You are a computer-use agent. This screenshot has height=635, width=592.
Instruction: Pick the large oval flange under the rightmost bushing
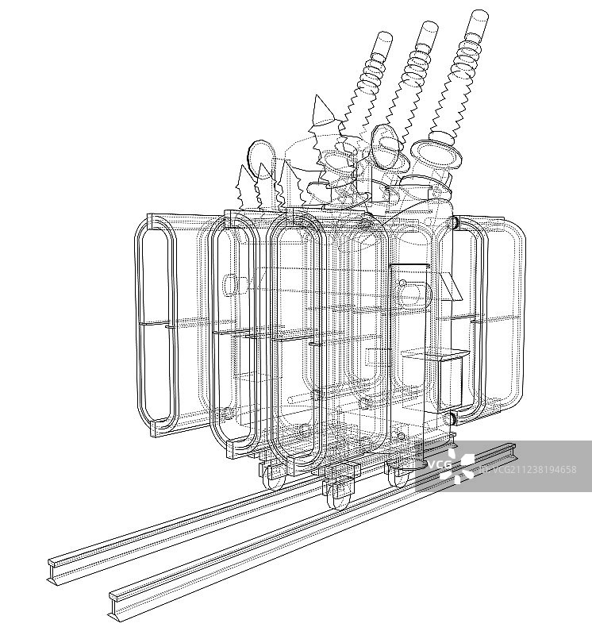436,153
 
